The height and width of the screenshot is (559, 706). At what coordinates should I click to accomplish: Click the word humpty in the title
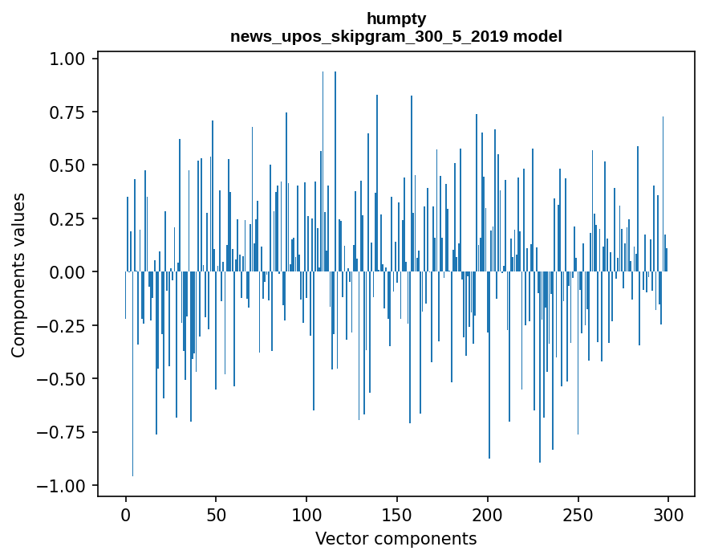(x=396, y=18)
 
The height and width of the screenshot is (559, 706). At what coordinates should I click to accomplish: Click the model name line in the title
(x=396, y=36)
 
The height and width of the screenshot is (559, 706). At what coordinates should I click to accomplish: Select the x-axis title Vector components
(x=396, y=539)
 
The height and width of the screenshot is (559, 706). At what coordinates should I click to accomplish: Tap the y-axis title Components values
(x=18, y=275)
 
